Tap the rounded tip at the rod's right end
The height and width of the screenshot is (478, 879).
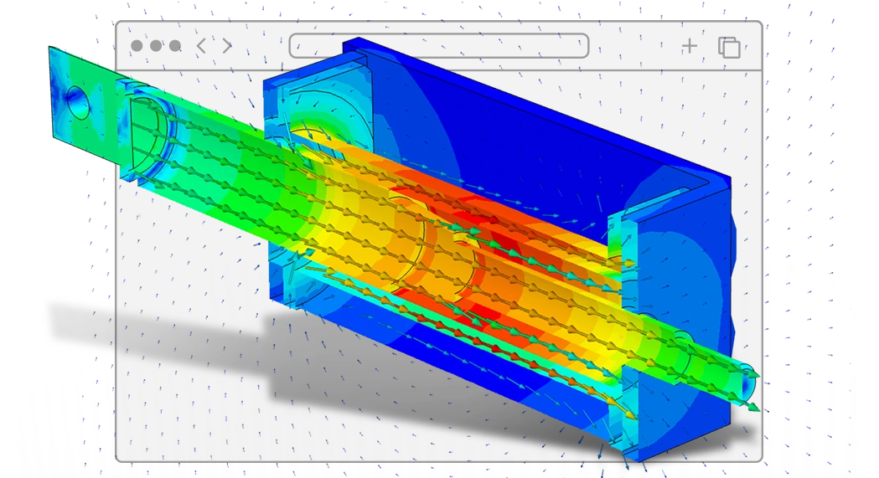[x=747, y=383]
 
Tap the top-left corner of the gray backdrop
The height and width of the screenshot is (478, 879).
[x=117, y=23]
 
